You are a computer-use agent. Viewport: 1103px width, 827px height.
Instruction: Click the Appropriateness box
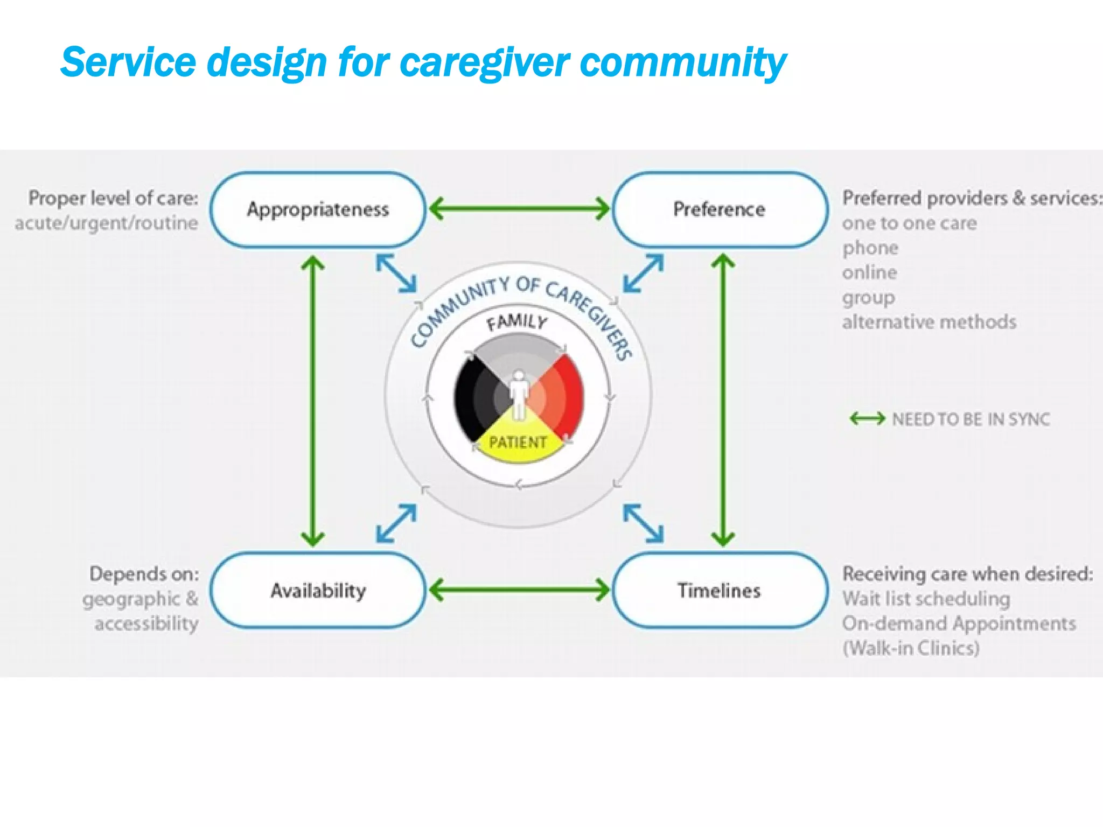tap(318, 209)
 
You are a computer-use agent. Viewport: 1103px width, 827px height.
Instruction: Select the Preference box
tap(719, 209)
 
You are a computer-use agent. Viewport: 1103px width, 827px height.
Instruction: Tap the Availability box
tap(318, 591)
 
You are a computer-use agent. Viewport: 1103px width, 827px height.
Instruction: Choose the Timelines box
tap(719, 591)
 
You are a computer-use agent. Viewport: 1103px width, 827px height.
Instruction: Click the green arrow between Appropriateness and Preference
tap(519, 208)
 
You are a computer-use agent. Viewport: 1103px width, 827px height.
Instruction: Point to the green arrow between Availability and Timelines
tap(519, 590)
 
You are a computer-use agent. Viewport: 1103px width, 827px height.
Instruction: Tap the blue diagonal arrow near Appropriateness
tap(396, 274)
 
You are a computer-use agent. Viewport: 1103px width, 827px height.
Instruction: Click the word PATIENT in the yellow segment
tap(518, 443)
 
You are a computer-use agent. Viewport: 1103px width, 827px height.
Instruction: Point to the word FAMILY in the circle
tap(516, 323)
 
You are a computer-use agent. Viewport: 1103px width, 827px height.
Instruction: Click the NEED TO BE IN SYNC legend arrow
tap(867, 418)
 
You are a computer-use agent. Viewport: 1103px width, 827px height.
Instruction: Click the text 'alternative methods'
tap(929, 322)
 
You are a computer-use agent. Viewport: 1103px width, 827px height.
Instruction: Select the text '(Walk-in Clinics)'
tap(911, 648)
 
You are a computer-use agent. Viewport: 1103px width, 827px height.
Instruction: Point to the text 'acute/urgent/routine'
tap(107, 223)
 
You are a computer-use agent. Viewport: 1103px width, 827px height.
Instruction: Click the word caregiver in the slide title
tap(484, 62)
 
